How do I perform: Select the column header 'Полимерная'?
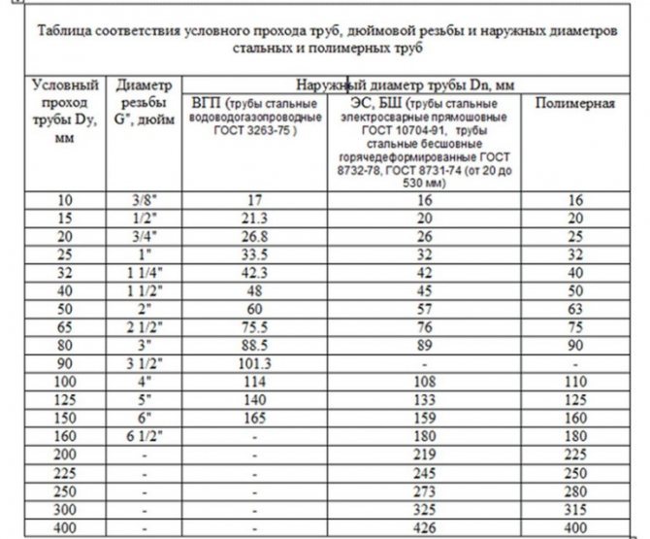pyautogui.click(x=575, y=103)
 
